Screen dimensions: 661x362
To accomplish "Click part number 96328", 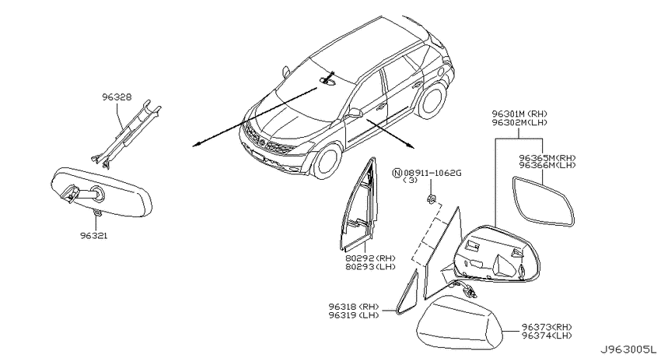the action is tap(117, 97).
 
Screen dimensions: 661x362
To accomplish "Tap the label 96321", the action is tap(94, 236).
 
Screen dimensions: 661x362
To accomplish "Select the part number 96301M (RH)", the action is tap(519, 114).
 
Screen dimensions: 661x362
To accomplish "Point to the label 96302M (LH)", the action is tap(519, 123).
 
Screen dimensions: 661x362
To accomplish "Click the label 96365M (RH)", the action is tap(547, 158).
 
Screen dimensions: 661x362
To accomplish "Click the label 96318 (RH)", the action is tap(354, 307).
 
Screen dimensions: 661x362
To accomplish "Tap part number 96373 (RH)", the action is tap(547, 327).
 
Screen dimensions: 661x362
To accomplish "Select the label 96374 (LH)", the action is tap(547, 336).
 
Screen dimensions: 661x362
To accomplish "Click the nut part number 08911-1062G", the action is tap(432, 173).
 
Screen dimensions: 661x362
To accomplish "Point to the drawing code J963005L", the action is tap(628, 350).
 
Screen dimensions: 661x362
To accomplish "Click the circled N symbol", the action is tap(397, 173).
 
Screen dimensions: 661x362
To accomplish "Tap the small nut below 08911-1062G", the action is tap(431, 199).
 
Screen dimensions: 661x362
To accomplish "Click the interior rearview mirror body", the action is tap(101, 192).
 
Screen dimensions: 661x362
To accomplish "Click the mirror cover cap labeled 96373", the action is tap(459, 322).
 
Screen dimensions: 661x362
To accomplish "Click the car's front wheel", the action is tap(327, 161).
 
